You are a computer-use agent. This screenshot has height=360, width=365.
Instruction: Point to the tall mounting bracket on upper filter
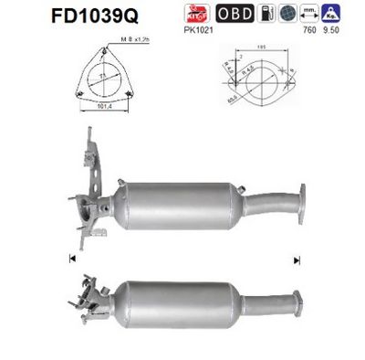91,161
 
